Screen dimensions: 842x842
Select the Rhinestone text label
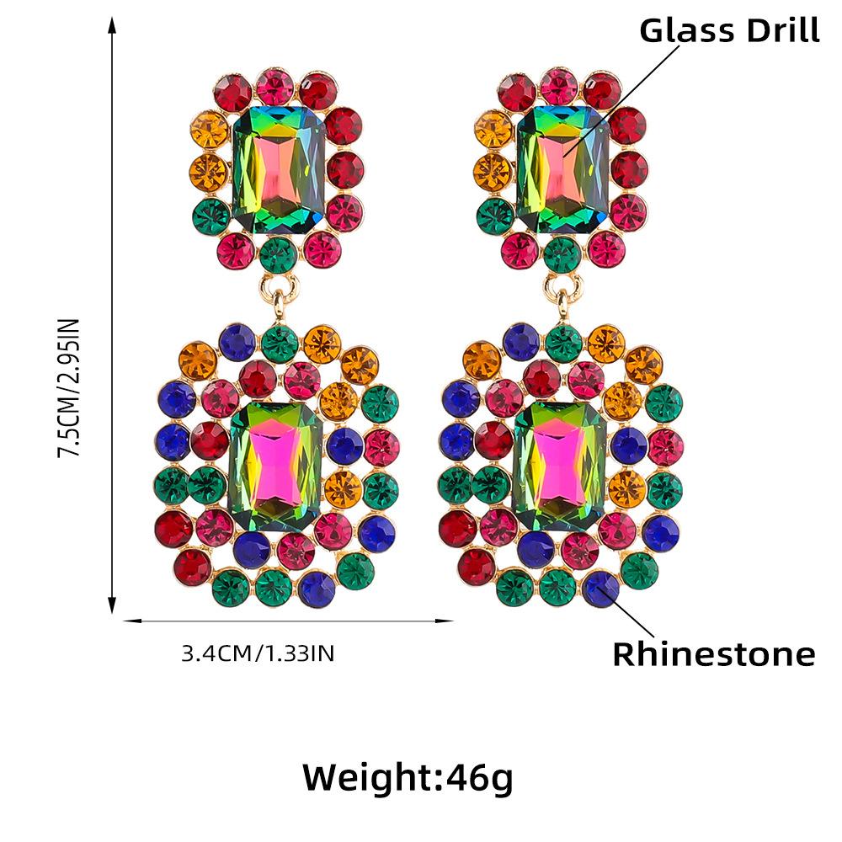713,654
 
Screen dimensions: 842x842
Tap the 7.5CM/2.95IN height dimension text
68,387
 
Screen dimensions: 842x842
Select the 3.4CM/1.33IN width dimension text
258,653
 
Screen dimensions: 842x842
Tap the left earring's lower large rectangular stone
276,466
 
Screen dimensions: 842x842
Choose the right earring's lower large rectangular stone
559,466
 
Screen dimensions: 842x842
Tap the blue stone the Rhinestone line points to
600,587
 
